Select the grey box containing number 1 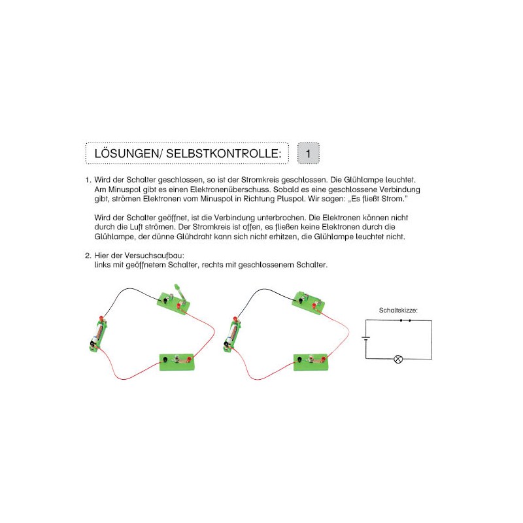pyautogui.click(x=309, y=154)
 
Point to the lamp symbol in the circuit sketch pyautogui.click(x=398, y=359)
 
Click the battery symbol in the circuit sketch pyautogui.click(x=366, y=339)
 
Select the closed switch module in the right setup pyautogui.click(x=307, y=302)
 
